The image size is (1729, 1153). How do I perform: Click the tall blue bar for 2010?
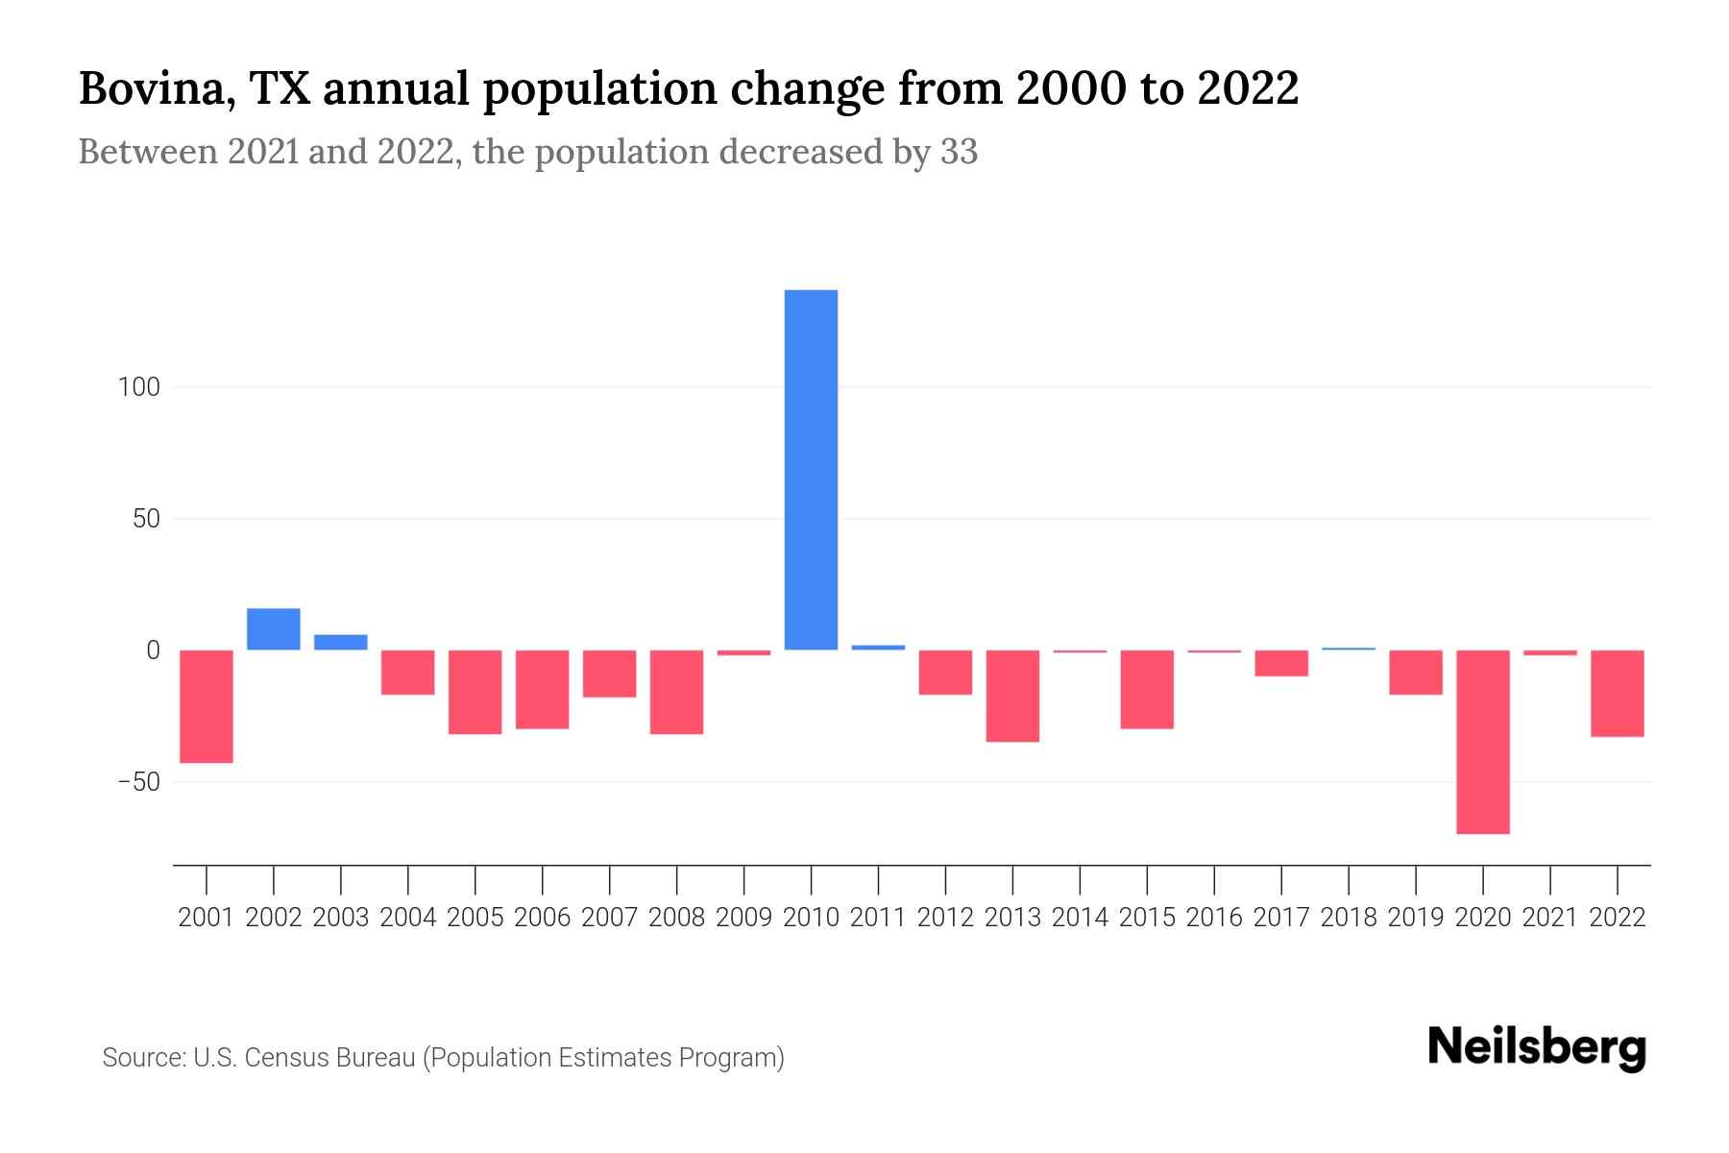(811, 470)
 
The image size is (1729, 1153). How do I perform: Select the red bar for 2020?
(1482, 742)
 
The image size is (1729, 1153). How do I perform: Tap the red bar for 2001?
(207, 706)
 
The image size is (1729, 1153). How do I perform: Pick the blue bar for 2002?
(274, 629)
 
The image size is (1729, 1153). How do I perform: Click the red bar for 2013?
(1012, 696)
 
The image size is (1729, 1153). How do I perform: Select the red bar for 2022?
(1617, 693)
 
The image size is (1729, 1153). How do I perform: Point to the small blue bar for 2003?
(341, 642)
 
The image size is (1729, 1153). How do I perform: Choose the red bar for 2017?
(1281, 663)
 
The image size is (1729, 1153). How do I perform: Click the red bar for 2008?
(677, 692)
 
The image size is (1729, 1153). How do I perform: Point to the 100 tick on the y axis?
(138, 388)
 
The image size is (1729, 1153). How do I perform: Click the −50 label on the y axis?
(138, 782)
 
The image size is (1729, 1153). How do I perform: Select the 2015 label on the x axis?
(1147, 918)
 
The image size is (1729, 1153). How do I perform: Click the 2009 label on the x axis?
(743, 918)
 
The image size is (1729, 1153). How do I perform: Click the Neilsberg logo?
(1536, 1048)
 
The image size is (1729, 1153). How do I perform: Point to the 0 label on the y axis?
(153, 650)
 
